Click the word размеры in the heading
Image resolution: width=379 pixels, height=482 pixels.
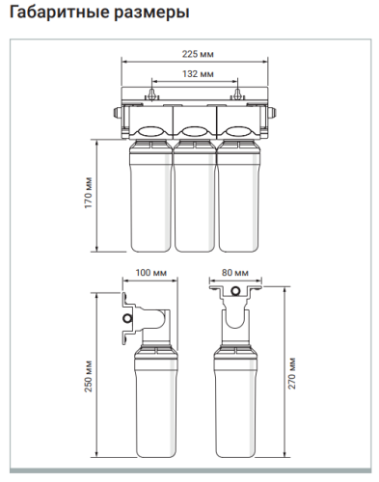point(151,13)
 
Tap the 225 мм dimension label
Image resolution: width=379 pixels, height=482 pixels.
point(198,54)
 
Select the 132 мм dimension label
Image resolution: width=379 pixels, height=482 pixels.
point(198,74)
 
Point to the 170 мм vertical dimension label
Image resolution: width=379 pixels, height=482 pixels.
point(89,193)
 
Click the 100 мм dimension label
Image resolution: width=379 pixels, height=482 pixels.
point(151,273)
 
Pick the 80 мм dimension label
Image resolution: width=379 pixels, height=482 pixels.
point(235,273)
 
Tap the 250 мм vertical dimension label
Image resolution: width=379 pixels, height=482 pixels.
point(89,376)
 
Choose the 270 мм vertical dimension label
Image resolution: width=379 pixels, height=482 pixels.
point(291,373)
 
